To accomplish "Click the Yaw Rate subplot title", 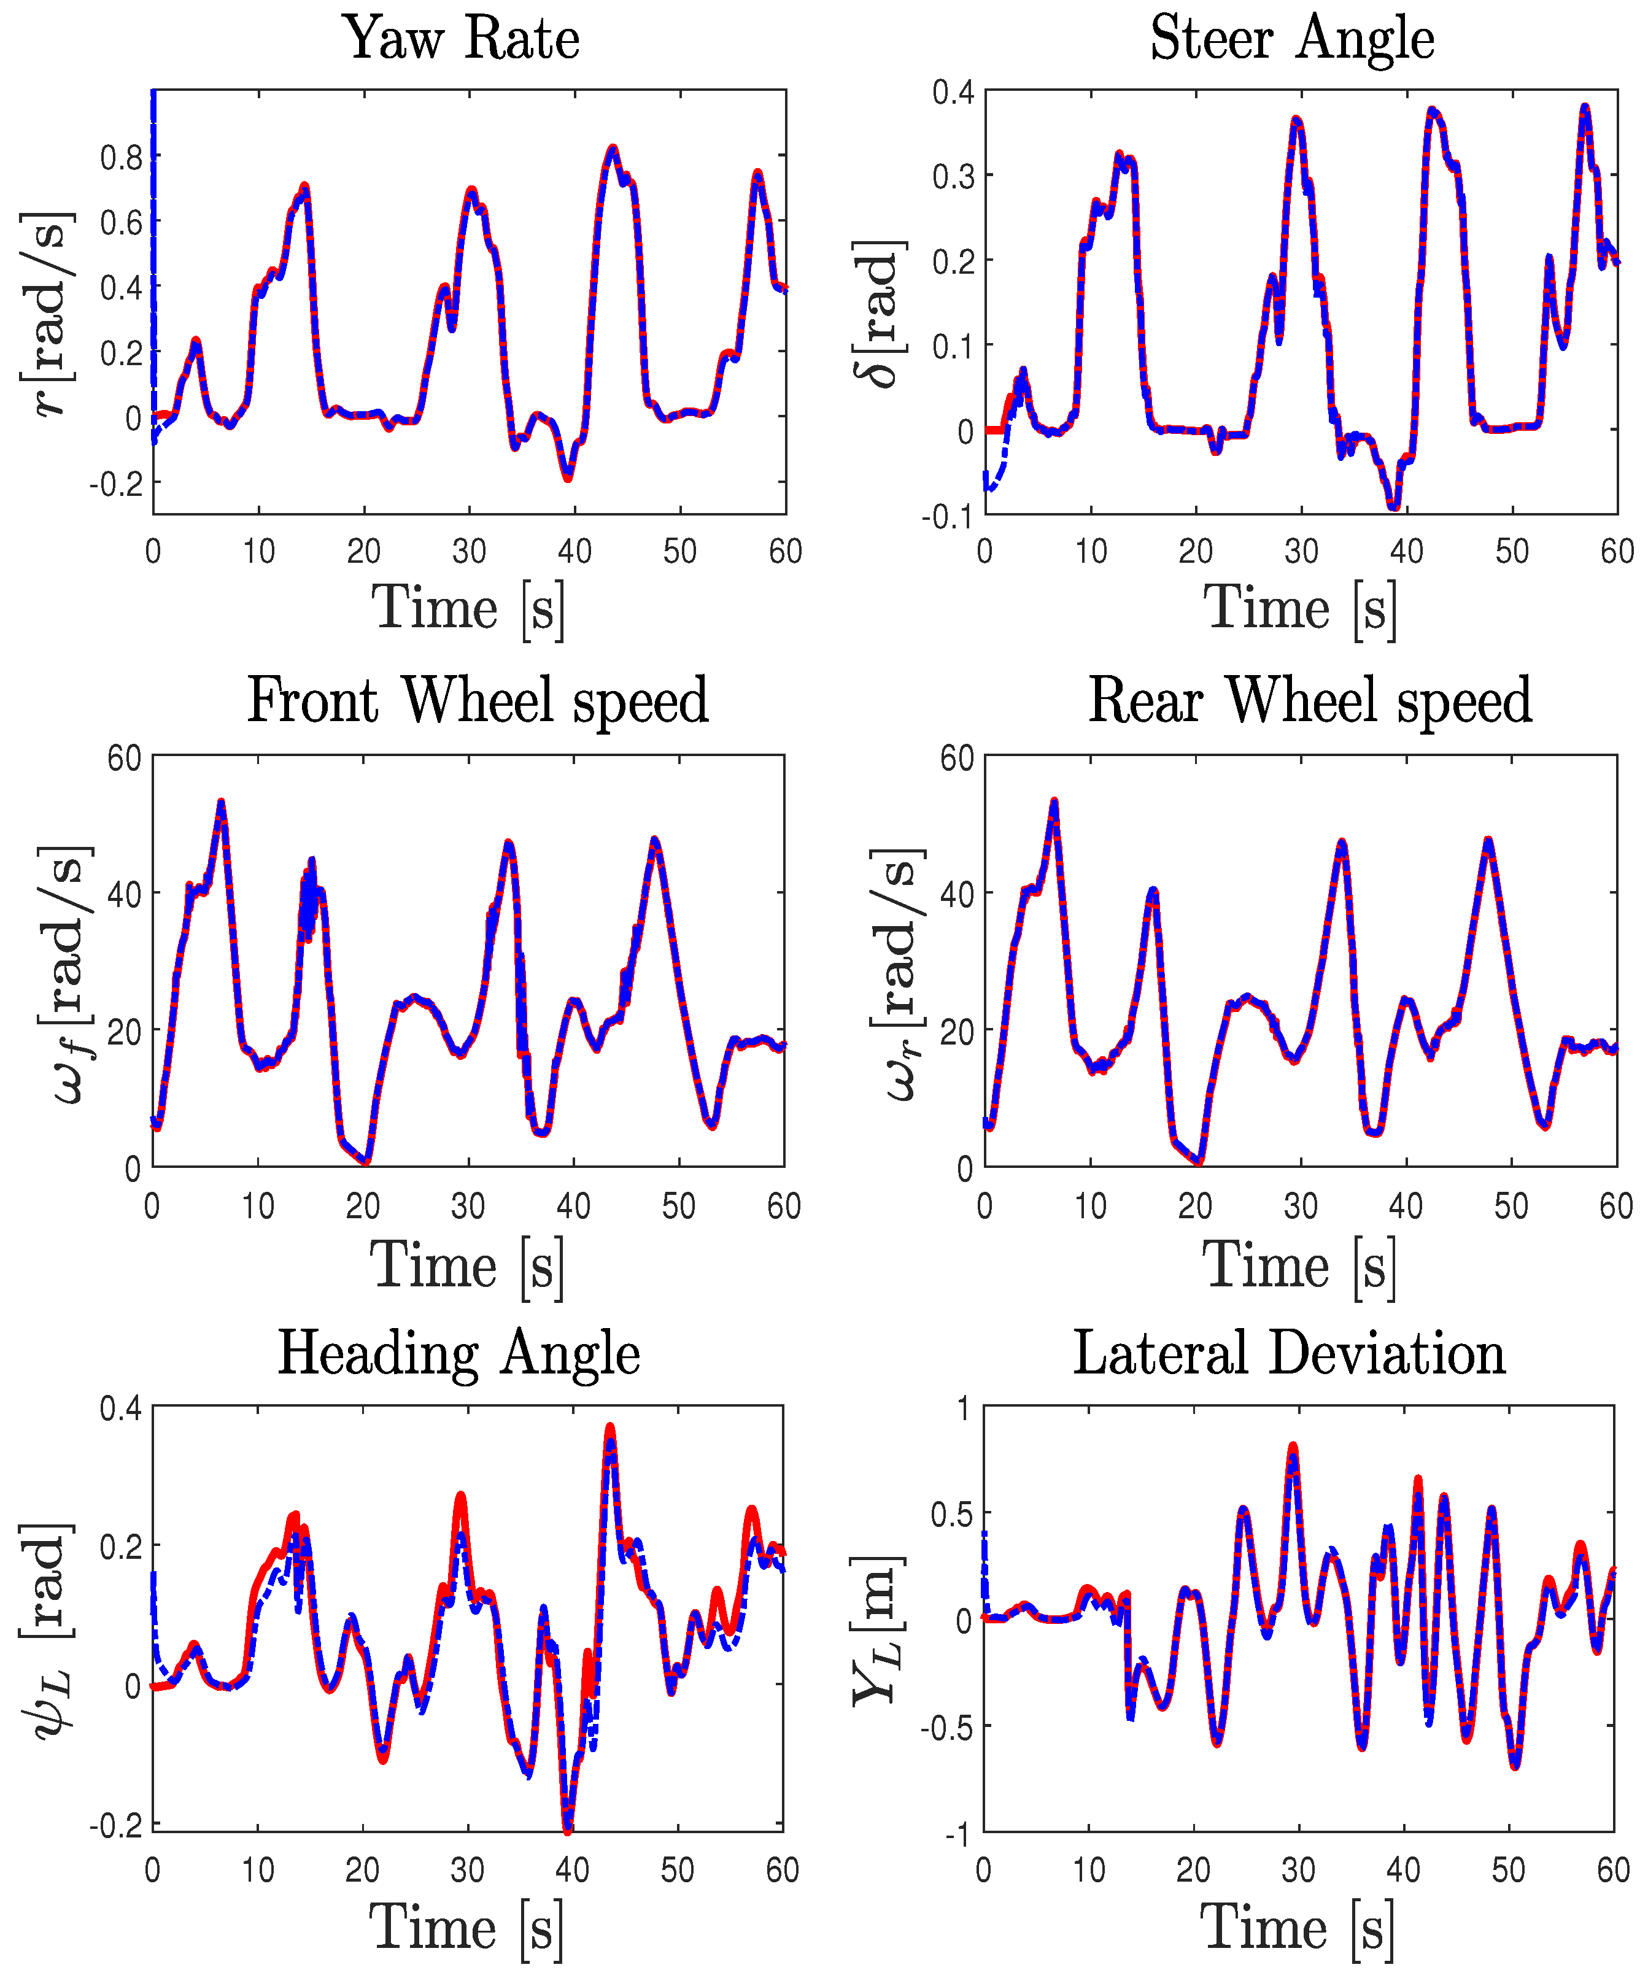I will click(x=461, y=39).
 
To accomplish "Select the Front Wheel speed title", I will click(x=478, y=701).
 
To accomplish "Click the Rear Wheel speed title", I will click(x=1310, y=701).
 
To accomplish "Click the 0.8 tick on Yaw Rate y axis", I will click(x=122, y=157).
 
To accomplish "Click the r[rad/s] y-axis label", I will click(x=45, y=313).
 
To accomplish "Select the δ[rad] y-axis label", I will click(x=876, y=313).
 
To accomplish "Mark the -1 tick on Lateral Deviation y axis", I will click(x=960, y=1835).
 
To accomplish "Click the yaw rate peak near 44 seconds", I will click(x=613, y=148).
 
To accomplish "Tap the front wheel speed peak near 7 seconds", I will click(x=222, y=803).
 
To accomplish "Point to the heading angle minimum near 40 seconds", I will click(x=567, y=1832).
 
